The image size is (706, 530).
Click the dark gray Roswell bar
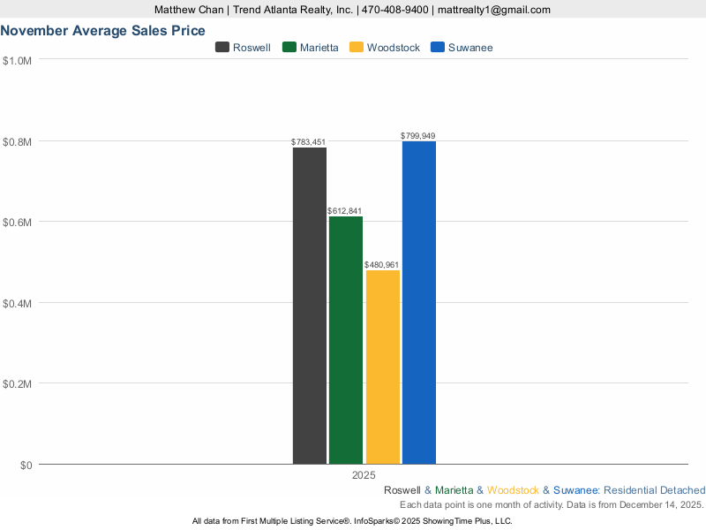310,306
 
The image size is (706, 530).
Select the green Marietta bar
346,340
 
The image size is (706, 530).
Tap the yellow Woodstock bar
382,367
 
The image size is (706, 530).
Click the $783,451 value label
309,142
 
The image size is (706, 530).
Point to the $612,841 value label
344,211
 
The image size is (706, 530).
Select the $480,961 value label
382,264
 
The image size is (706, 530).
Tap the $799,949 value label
418,136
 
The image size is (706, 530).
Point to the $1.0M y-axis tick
18,60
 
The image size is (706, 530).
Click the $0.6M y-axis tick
18,222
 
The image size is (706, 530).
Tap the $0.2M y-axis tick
18,384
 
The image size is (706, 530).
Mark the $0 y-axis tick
26,465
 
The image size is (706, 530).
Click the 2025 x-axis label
364,475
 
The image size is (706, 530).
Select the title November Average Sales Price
103,30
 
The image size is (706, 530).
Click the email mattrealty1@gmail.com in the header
493,10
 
